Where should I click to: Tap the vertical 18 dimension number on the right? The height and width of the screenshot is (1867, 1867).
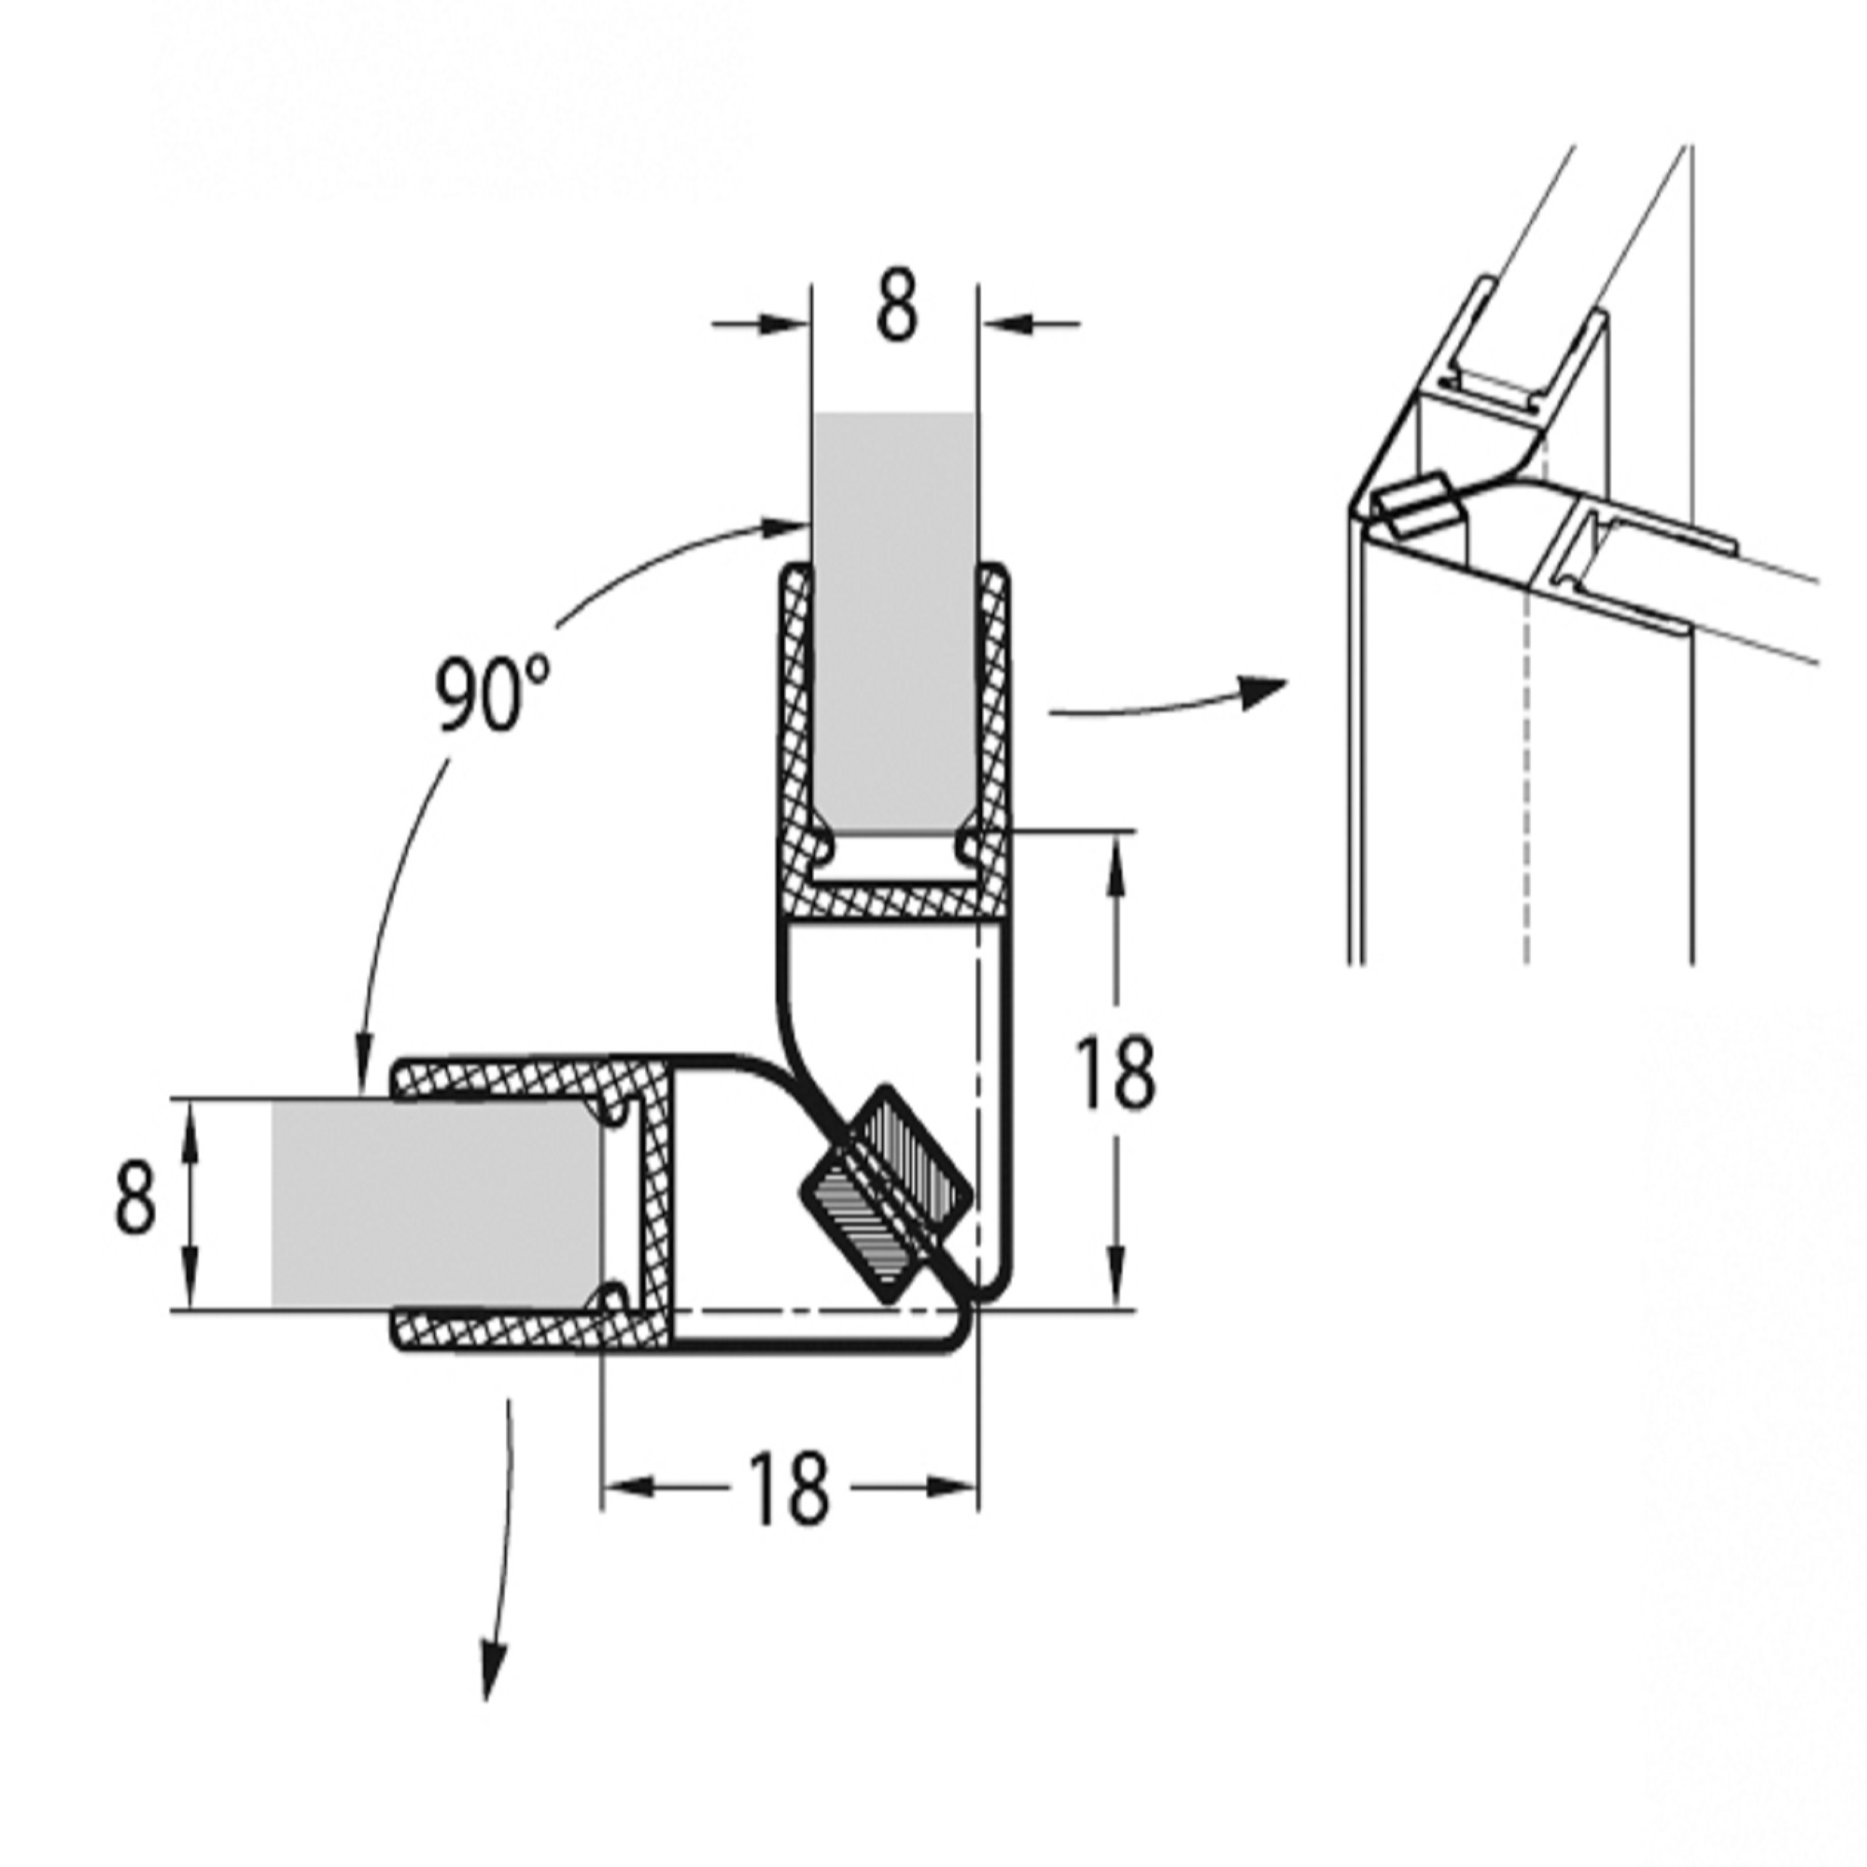(x=1116, y=1074)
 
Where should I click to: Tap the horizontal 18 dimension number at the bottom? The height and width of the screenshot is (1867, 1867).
(x=790, y=1488)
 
